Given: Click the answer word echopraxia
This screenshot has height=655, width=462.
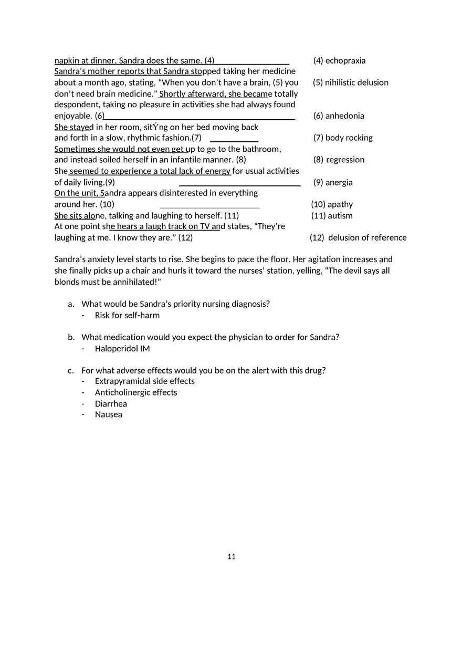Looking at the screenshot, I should [345, 60].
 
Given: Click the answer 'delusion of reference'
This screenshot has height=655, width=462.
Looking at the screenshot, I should [367, 237].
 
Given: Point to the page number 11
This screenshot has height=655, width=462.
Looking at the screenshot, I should [232, 557].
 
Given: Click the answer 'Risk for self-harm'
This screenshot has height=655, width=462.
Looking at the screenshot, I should [127, 315].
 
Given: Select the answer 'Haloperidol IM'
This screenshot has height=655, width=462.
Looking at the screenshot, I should [122, 348].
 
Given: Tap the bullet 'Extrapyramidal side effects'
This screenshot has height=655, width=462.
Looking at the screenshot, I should [144, 381].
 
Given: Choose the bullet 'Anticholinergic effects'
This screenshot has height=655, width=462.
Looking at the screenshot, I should [136, 392].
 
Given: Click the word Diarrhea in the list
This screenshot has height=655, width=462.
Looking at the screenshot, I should [111, 403].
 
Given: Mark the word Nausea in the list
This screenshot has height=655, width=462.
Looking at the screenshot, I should [109, 414].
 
